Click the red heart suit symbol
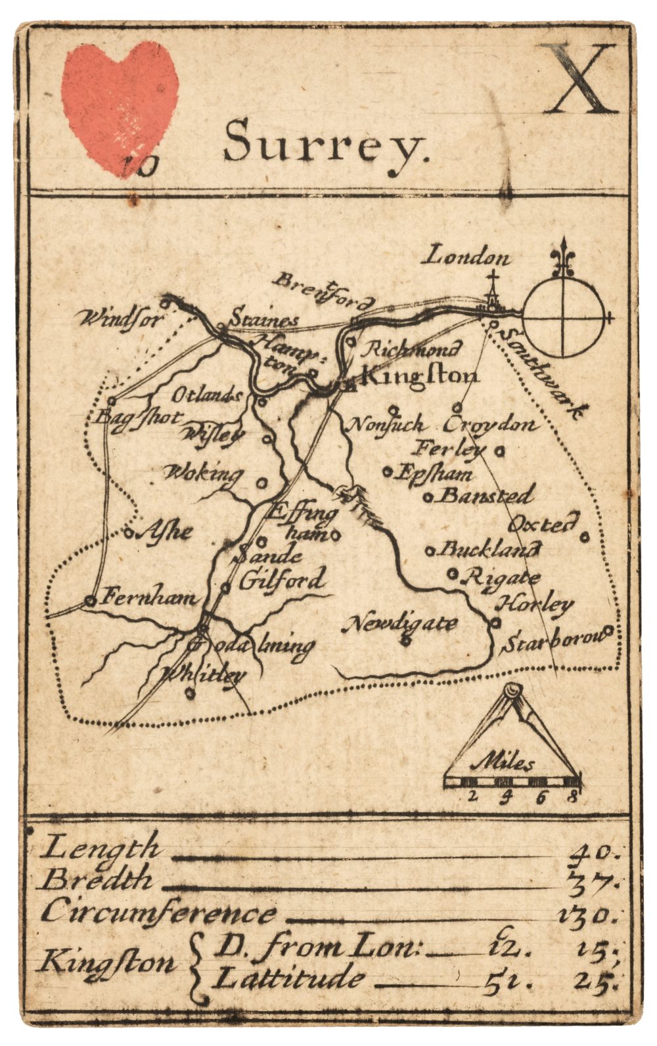(120, 105)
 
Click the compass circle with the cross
(564, 318)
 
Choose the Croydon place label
(490, 425)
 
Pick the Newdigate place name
(400, 622)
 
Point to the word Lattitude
(289, 978)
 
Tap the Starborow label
(552, 642)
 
